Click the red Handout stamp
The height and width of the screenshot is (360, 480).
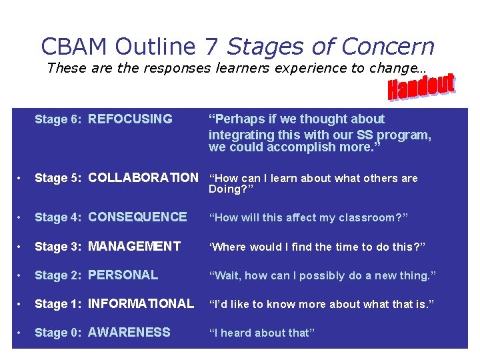point(421,88)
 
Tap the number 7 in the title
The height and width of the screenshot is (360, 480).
point(211,46)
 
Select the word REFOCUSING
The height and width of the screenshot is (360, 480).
point(130,119)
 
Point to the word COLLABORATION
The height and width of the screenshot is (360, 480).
point(143,177)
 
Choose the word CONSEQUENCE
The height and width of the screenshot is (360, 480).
point(137,217)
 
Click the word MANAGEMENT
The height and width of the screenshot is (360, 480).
point(134,246)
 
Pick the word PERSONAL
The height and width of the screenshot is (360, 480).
point(123,275)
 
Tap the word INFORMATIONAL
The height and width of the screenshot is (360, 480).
point(141,303)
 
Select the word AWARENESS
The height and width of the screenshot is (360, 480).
point(129,332)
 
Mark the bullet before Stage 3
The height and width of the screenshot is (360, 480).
point(21,247)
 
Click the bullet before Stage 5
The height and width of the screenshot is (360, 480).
point(21,178)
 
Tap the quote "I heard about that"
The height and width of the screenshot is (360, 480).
point(261,333)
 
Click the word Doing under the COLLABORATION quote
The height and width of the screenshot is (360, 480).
point(224,189)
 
